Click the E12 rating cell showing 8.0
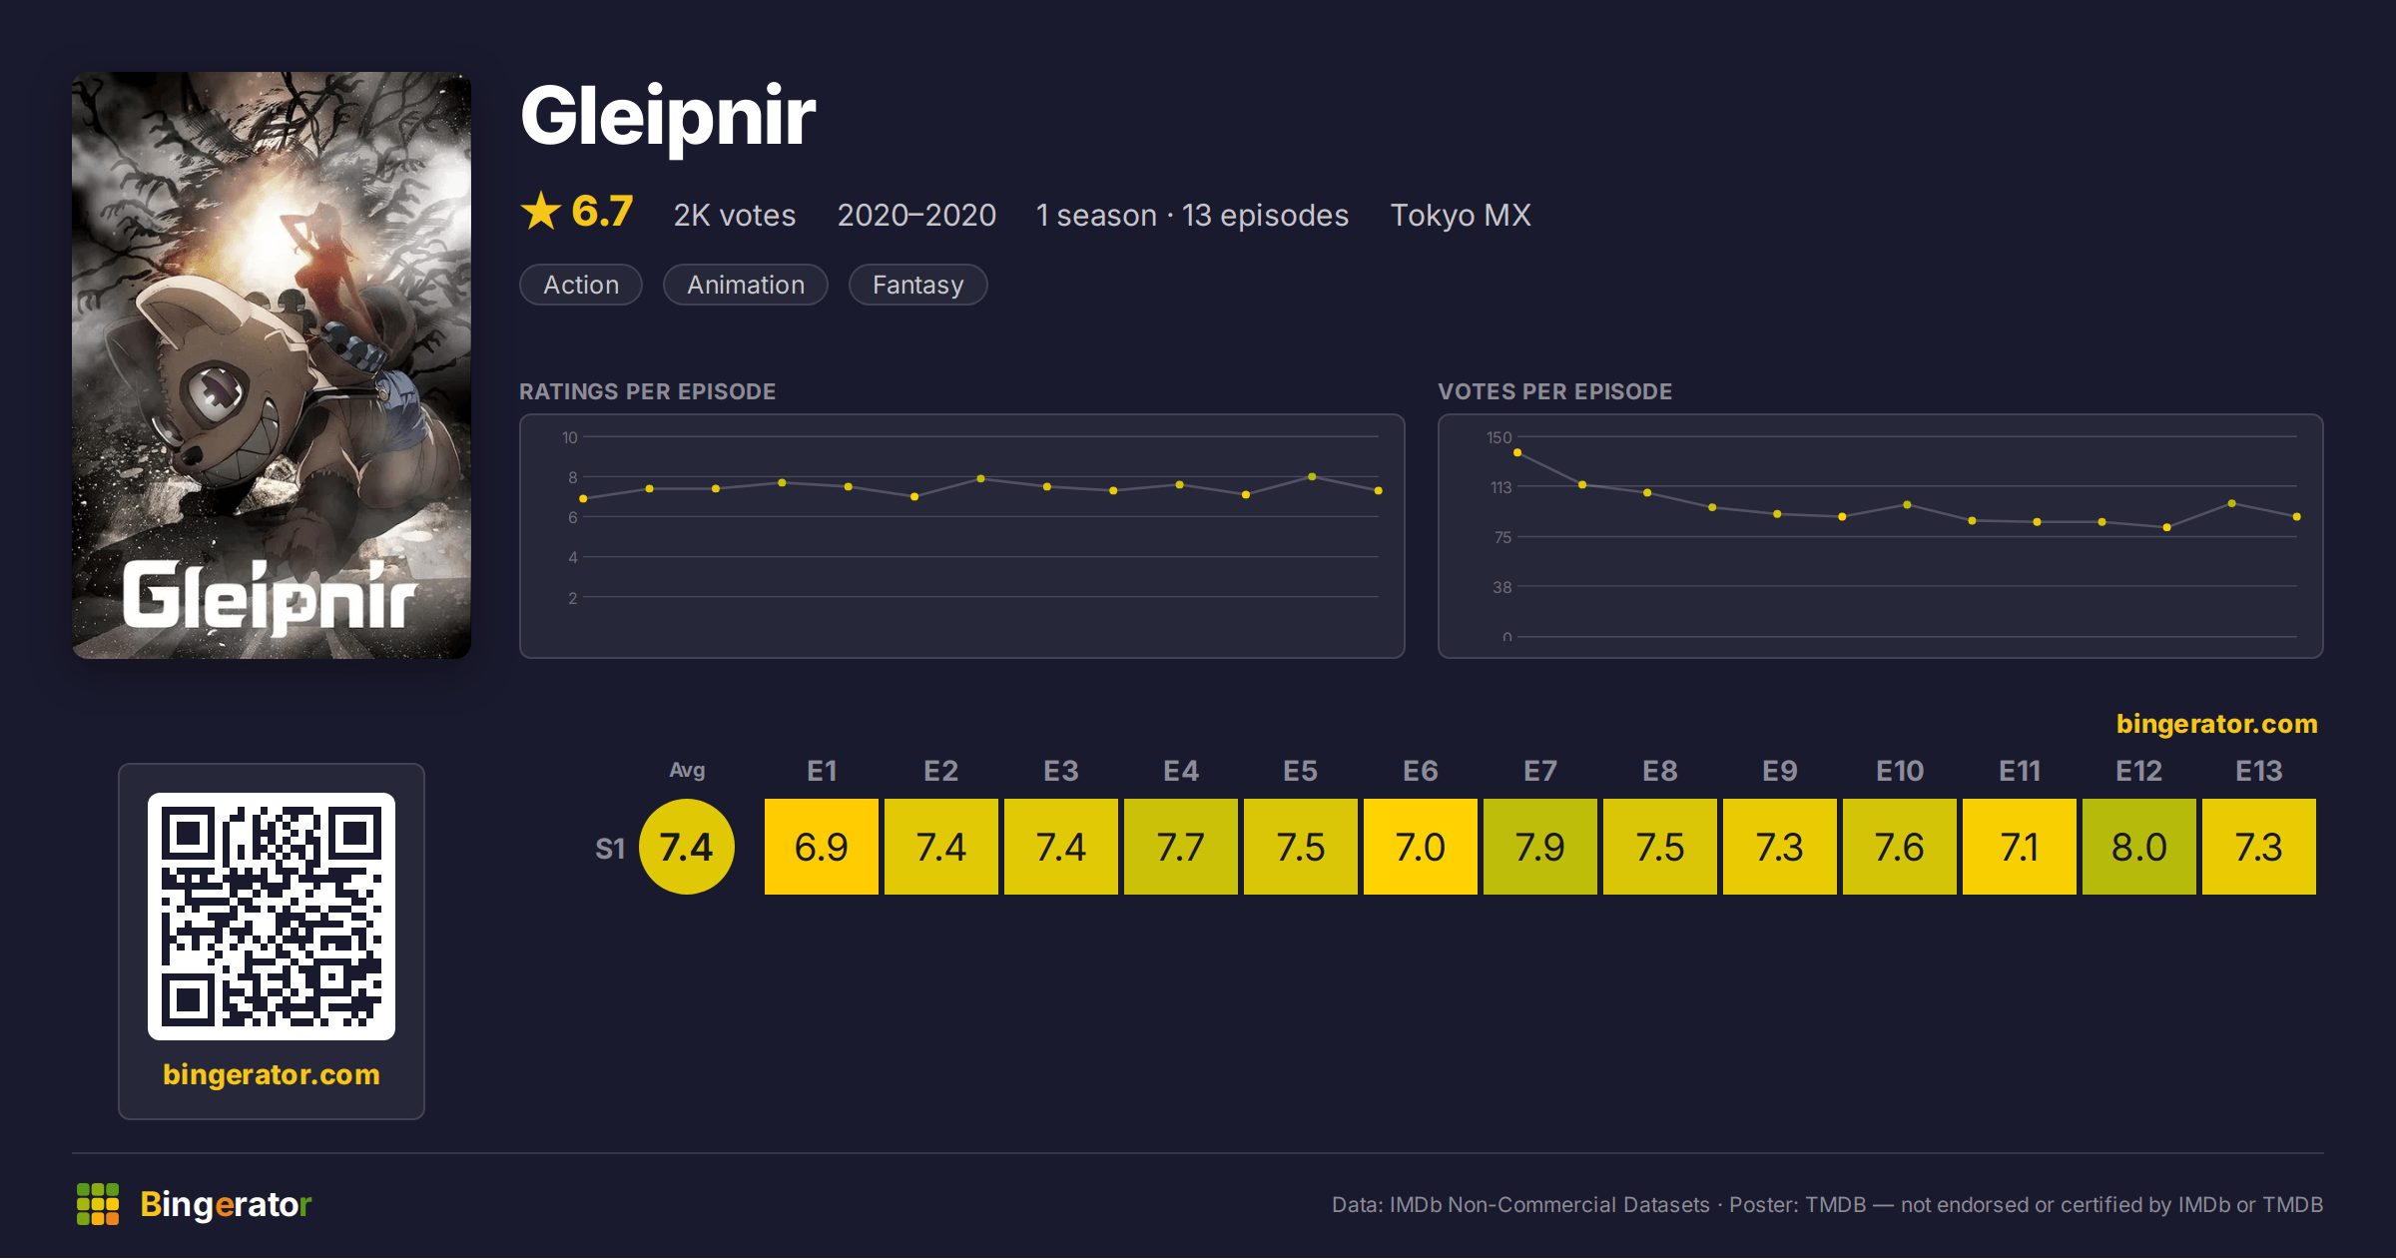click(x=2138, y=847)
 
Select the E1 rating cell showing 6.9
click(x=821, y=847)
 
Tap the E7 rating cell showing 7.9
click(x=1539, y=847)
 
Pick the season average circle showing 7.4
click(x=687, y=847)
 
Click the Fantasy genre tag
click(x=917, y=285)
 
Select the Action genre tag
click(x=581, y=285)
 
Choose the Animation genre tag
click(x=746, y=285)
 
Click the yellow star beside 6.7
click(x=541, y=211)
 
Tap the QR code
click(x=272, y=917)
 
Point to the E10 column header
click(x=1899, y=771)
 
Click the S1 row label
click(x=610, y=849)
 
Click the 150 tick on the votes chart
click(x=1498, y=437)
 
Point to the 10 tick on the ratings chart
click(x=569, y=437)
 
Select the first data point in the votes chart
click(x=1517, y=453)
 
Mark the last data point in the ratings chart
click(x=1379, y=490)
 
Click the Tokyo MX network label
click(x=1461, y=215)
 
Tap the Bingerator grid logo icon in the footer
click(x=98, y=1204)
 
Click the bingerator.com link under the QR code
click(x=272, y=1074)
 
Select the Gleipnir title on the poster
click(x=270, y=596)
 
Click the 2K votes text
click(x=735, y=215)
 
